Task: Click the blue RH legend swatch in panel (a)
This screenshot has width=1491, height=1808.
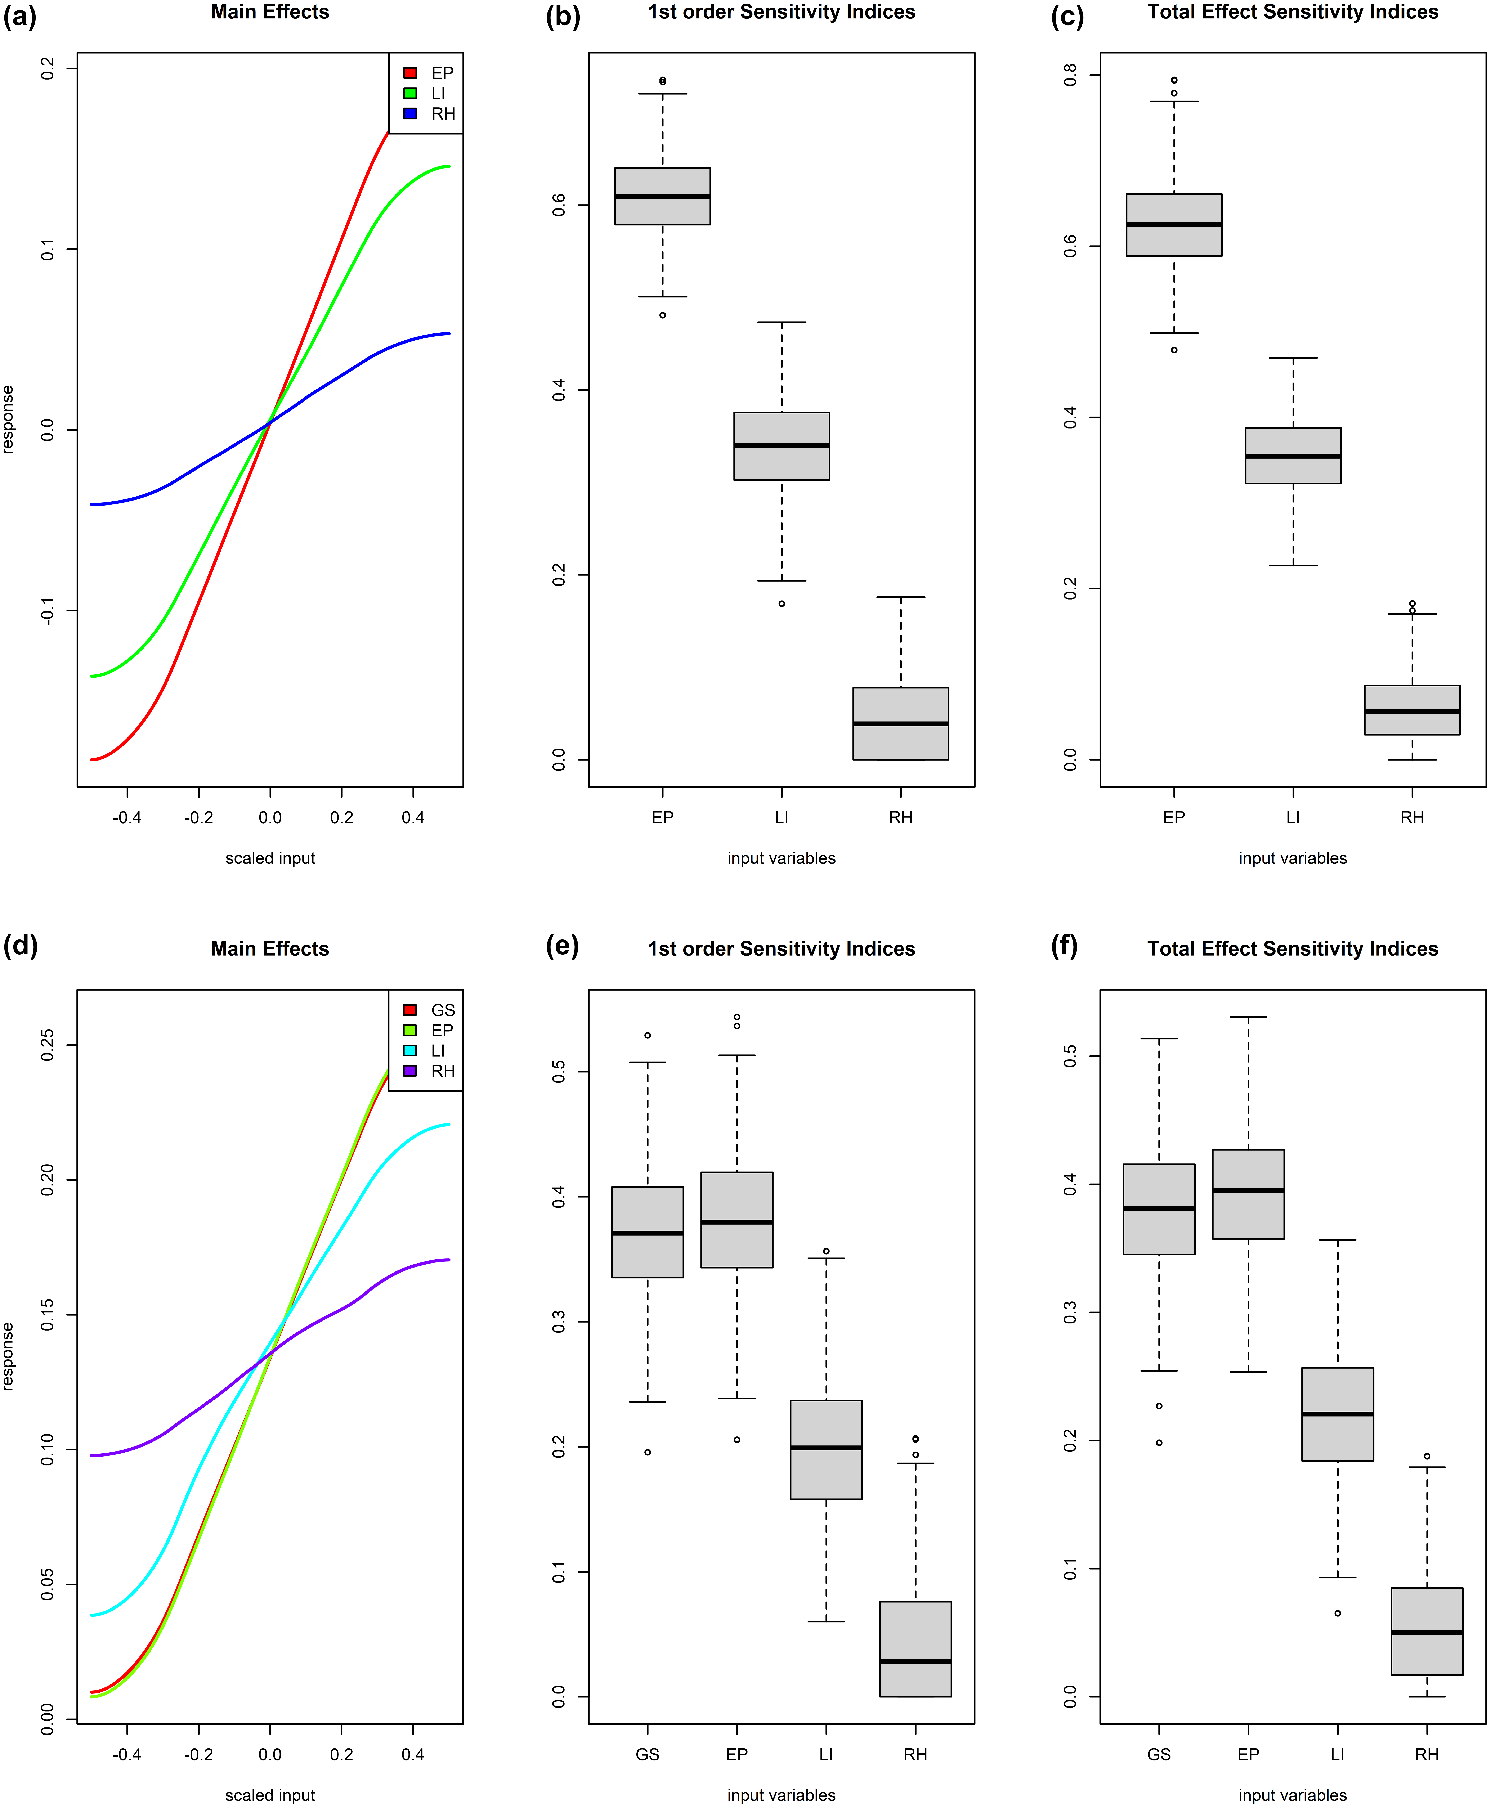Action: pyautogui.click(x=411, y=113)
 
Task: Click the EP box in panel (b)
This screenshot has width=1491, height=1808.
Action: pyautogui.click(x=662, y=196)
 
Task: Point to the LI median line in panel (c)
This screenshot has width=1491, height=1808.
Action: pyautogui.click(x=1293, y=456)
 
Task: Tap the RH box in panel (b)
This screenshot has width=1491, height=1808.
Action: pyautogui.click(x=900, y=723)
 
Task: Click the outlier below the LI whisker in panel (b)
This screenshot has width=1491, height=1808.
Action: pyautogui.click(x=782, y=604)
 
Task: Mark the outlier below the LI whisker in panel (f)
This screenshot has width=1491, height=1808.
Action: pyautogui.click(x=1337, y=1613)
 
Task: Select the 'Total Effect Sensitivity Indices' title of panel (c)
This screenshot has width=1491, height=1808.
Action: pyautogui.click(x=1293, y=12)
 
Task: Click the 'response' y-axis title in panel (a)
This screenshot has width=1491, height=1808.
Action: pyautogui.click(x=9, y=419)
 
